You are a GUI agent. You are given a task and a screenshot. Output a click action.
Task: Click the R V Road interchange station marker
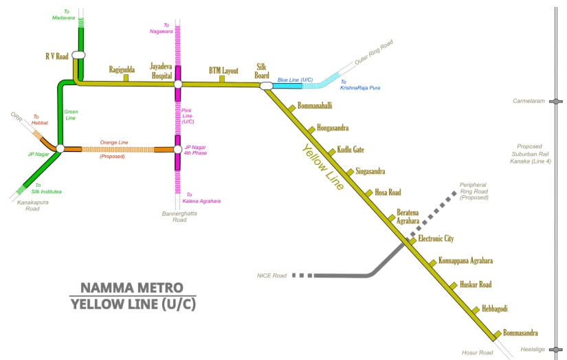coord(78,55)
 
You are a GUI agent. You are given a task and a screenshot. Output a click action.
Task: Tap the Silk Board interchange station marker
coord(267,86)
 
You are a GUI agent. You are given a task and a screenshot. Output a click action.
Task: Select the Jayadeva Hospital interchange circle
coord(178,85)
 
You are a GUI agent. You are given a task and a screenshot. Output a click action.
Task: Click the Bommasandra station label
coord(520,333)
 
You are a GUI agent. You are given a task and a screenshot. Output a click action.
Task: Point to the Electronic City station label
coord(436,238)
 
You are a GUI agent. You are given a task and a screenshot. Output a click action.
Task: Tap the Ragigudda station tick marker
coord(126,78)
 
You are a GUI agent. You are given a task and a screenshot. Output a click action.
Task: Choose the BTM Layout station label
coord(223,71)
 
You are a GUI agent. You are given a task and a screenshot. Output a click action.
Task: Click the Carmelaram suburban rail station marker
coord(556,102)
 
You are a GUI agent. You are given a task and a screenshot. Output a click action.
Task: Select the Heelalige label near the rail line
coord(532,349)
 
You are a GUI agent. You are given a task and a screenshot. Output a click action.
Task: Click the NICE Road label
coord(271,275)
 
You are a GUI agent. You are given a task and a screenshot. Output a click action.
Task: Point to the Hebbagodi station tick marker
coord(476,310)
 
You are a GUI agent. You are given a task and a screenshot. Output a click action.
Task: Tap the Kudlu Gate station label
coord(351,149)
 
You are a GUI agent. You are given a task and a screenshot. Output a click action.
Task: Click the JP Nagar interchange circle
coord(60,148)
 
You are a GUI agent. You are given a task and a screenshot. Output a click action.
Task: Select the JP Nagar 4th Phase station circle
coord(177,149)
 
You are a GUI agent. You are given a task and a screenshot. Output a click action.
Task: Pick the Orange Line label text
coord(114,142)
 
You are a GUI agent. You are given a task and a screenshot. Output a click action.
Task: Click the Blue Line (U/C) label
coord(295,80)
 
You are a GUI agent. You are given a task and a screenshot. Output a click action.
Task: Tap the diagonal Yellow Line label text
coord(323,167)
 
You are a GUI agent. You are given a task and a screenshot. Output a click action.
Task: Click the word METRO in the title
coord(156,288)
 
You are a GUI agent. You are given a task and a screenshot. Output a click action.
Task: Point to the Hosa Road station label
coord(388,192)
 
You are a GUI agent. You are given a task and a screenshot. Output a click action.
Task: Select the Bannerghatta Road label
coord(179,216)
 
